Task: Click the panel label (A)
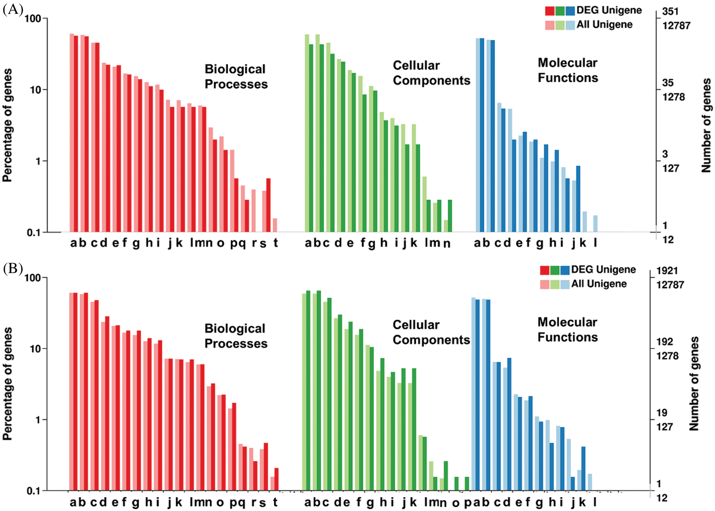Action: click(13, 9)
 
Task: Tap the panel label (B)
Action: click(13, 268)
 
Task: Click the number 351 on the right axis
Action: click(670, 11)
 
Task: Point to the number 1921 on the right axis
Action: click(667, 271)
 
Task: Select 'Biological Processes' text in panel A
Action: click(236, 76)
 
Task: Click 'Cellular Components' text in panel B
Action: click(431, 332)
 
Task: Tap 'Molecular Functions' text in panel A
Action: click(568, 70)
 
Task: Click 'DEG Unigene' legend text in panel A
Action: click(609, 10)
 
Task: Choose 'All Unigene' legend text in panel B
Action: click(599, 284)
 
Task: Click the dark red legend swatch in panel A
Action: click(549, 11)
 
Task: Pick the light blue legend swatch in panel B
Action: click(565, 284)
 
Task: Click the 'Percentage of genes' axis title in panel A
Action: click(7, 125)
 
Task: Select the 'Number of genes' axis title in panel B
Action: click(694, 383)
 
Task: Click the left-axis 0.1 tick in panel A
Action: click(33, 232)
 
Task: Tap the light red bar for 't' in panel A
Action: click(275, 225)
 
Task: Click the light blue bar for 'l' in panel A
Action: click(595, 224)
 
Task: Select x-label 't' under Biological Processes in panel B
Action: click(275, 502)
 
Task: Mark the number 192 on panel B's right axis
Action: click(665, 342)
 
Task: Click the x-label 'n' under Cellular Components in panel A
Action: click(447, 243)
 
